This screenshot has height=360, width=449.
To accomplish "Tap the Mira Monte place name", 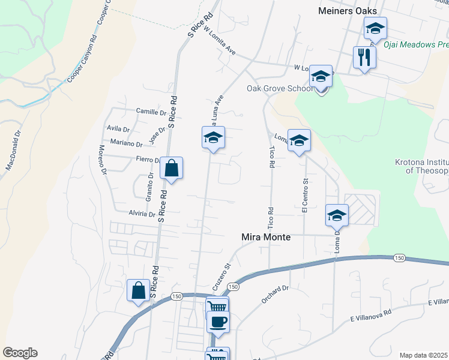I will [x=266, y=238].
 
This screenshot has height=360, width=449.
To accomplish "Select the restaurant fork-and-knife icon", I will [x=364, y=58].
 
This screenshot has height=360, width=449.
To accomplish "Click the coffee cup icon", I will [x=217, y=321].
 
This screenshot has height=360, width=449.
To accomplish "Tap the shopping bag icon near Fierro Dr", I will [x=171, y=169].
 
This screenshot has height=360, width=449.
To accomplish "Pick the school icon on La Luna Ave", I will [x=212, y=138].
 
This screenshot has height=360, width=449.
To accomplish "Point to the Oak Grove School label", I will [x=280, y=88].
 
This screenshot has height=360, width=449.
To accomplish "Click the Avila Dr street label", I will [x=118, y=129].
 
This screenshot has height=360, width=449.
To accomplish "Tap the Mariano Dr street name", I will [x=127, y=144].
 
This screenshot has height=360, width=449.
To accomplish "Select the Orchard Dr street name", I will [x=276, y=294].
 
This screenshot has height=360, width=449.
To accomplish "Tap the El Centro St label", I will [x=305, y=195].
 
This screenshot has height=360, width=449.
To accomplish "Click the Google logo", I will [x=20, y=353].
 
